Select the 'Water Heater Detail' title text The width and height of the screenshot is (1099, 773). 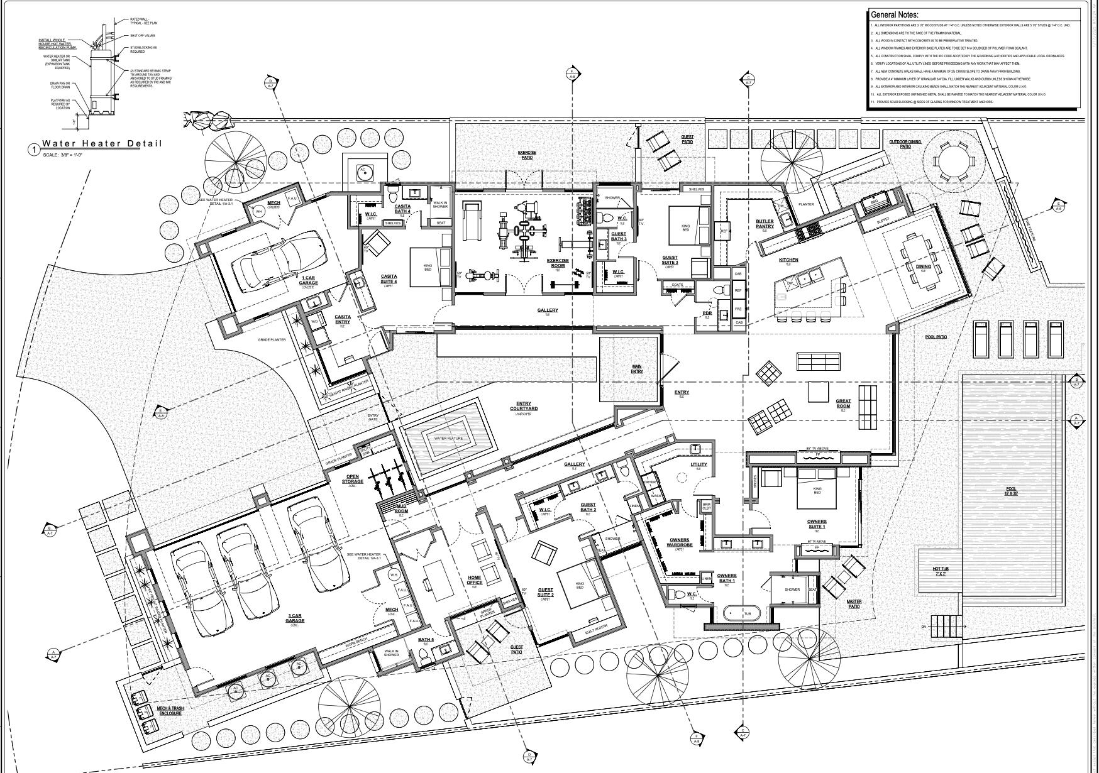[x=102, y=144]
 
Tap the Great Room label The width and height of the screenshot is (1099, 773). [x=843, y=404]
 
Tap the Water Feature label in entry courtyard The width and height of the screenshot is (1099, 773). [x=448, y=438]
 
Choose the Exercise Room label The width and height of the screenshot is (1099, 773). [x=557, y=263]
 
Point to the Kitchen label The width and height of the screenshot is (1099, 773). [x=788, y=260]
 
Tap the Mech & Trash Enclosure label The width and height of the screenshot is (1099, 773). [x=169, y=711]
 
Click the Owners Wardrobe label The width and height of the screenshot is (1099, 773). [x=679, y=542]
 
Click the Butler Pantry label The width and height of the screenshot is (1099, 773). [x=765, y=224]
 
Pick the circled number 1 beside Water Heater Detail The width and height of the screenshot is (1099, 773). [x=33, y=150]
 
